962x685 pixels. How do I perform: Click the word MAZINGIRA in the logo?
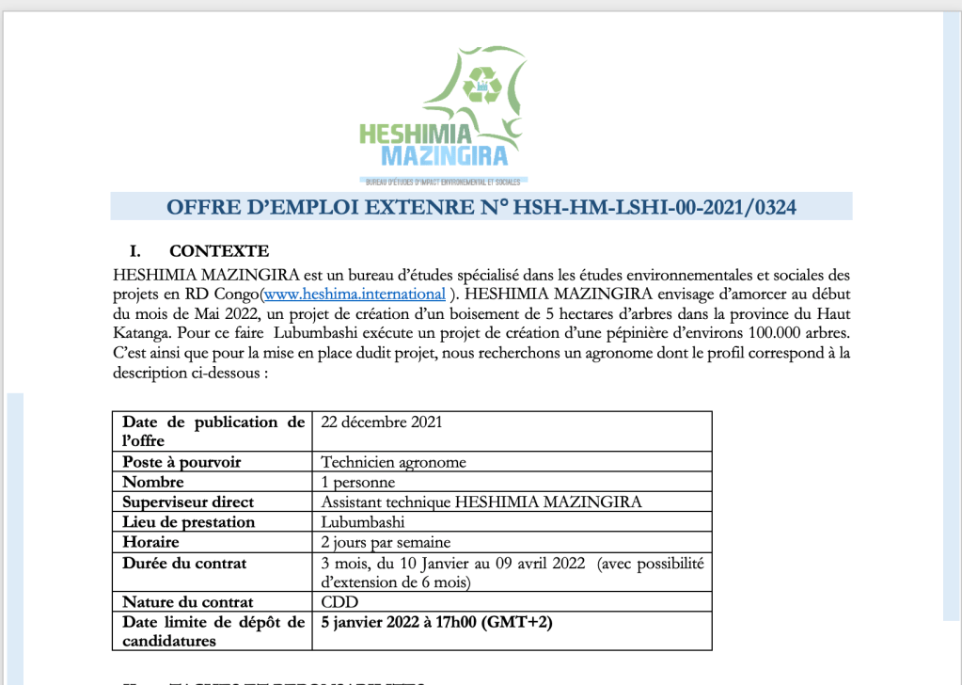pyautogui.click(x=445, y=156)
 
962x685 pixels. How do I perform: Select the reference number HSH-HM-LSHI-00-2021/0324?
pyautogui.click(x=654, y=208)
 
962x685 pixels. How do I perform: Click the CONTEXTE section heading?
pyautogui.click(x=218, y=251)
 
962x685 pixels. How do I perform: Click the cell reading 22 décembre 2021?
pyautogui.click(x=381, y=422)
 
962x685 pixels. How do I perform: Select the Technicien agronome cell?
pyautogui.click(x=393, y=462)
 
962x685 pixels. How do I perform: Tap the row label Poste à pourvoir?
pyautogui.click(x=181, y=462)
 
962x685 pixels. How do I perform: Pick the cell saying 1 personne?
pyautogui.click(x=356, y=483)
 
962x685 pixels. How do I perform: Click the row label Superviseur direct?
pyautogui.click(x=188, y=502)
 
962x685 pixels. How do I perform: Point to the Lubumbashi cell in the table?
pyautogui.click(x=363, y=522)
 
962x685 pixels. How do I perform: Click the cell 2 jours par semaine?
pyautogui.click(x=386, y=542)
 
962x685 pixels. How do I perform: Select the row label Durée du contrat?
pyautogui.click(x=184, y=563)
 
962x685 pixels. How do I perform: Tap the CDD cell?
pyautogui.click(x=339, y=602)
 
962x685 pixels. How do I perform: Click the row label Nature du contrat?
pyautogui.click(x=188, y=602)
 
